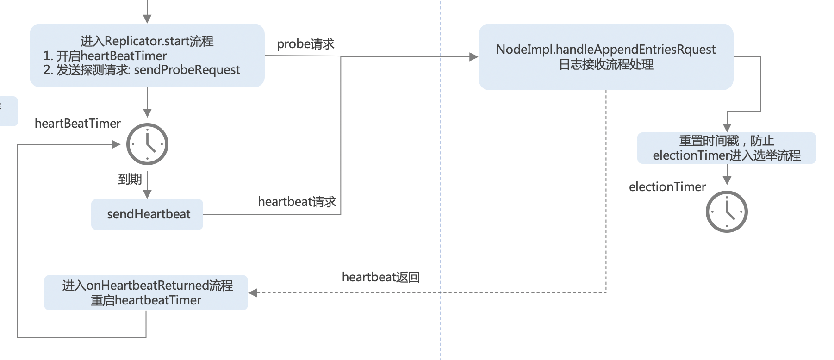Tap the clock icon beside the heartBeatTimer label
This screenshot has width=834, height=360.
pyautogui.click(x=147, y=144)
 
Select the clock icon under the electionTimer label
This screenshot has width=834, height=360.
pyautogui.click(x=727, y=211)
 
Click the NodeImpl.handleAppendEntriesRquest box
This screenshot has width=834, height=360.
pyautogui.click(x=605, y=57)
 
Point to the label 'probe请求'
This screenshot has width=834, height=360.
pyautogui.click(x=305, y=44)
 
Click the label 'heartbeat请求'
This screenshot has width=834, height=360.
pyautogui.click(x=297, y=202)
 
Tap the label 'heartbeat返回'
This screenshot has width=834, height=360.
pyautogui.click(x=380, y=277)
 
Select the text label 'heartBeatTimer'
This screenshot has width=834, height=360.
pyautogui.click(x=77, y=124)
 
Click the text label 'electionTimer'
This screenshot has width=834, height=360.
pyautogui.click(x=667, y=187)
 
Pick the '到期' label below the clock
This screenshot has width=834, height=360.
pyautogui.click(x=130, y=179)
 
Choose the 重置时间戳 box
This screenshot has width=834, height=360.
pyautogui.click(x=726, y=148)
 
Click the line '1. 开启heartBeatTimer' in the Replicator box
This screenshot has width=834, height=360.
pyautogui.click(x=105, y=56)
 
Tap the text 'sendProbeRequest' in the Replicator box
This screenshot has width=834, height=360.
pyautogui.click(x=187, y=70)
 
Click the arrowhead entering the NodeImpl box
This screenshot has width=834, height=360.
pyautogui.click(x=473, y=57)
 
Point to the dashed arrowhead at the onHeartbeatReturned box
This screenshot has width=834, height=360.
pyautogui.click(x=253, y=292)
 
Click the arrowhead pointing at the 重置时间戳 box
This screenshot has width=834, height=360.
pyautogui.click(x=727, y=128)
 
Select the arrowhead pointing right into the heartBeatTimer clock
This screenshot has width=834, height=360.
pyautogui.click(x=116, y=144)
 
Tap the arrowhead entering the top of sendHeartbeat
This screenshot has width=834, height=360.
pyautogui.click(x=147, y=195)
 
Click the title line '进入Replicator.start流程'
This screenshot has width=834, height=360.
pyautogui.click(x=147, y=41)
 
